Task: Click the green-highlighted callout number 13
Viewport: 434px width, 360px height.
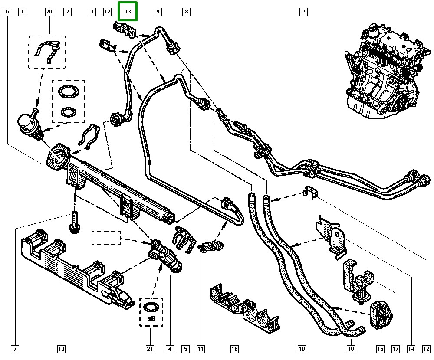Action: tap(128, 11)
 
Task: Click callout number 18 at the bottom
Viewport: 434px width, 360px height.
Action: tap(61, 349)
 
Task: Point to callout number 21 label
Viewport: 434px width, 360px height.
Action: tap(150, 349)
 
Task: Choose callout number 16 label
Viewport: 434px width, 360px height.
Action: tap(234, 349)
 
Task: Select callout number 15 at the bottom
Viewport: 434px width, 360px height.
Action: tap(380, 349)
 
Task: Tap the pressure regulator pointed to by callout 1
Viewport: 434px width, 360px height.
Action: tap(29, 124)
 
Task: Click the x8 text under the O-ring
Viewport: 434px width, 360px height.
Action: tap(151, 319)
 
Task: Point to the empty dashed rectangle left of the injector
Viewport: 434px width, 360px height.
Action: tap(106, 238)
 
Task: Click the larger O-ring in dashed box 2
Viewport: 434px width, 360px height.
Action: tap(68, 92)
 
